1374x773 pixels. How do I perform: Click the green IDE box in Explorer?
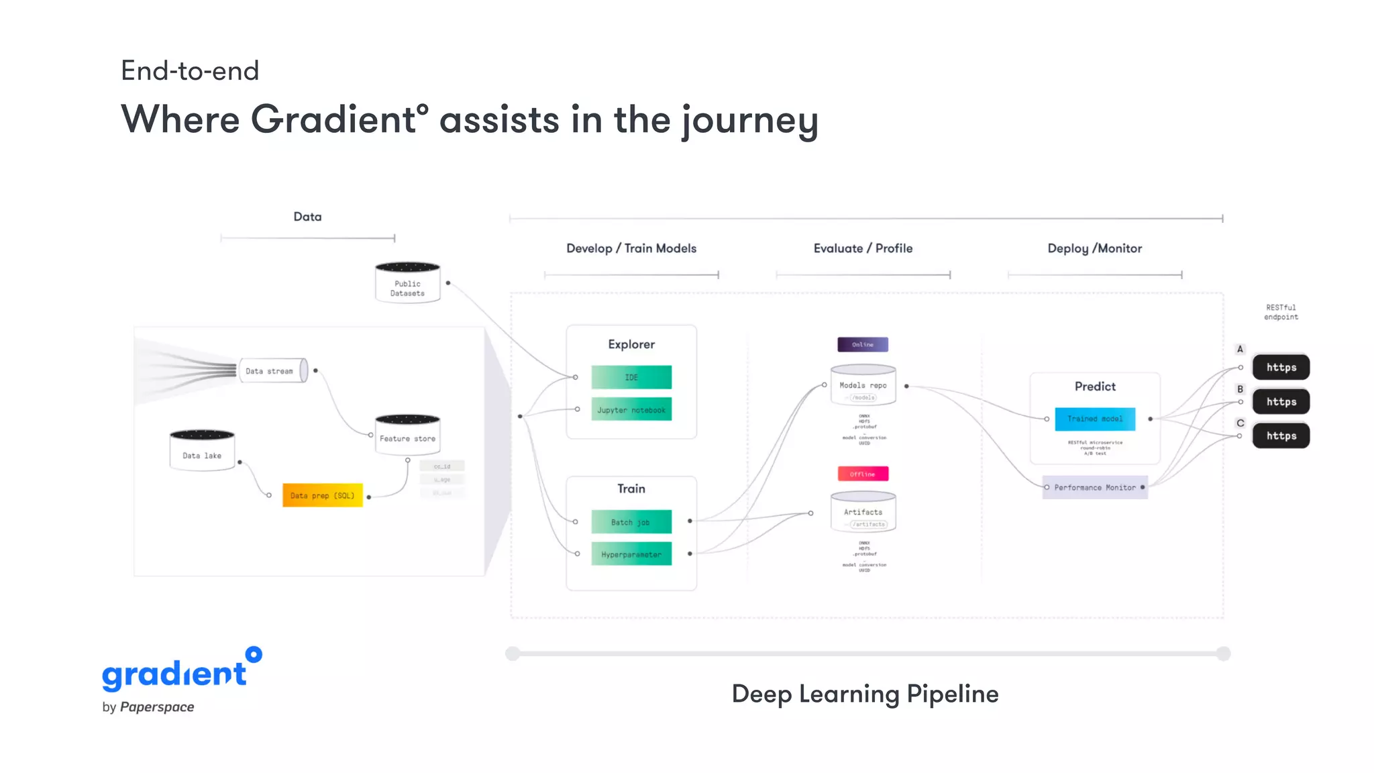coord(631,377)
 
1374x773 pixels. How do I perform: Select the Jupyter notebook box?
coord(631,409)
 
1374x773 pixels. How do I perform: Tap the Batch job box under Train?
coord(631,522)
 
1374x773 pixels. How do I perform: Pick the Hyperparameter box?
coord(631,554)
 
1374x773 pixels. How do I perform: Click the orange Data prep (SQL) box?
coord(322,495)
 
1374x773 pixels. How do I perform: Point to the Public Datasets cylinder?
coord(407,283)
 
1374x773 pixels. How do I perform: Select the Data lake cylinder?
coord(202,451)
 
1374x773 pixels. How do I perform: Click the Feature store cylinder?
coord(407,435)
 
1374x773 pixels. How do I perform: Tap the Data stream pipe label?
coord(270,371)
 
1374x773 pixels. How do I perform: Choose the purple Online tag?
coord(863,344)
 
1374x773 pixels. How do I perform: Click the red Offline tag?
coord(863,474)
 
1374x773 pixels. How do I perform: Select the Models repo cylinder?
coord(863,385)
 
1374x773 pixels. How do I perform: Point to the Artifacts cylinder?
coord(863,512)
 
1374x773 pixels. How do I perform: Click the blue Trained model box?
coord(1095,419)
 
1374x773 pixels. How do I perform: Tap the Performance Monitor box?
coord(1095,487)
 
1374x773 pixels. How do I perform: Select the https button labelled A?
coord(1281,367)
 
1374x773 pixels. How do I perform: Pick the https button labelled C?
coord(1281,435)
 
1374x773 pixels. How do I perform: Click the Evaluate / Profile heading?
coord(863,248)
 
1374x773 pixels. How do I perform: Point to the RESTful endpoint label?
coord(1281,312)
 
